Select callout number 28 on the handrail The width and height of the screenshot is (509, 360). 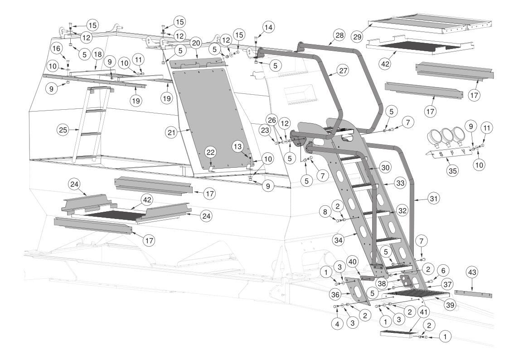click(339, 35)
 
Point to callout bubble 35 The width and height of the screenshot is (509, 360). click(452, 171)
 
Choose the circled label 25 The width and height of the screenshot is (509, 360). click(63, 130)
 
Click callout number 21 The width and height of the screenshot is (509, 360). click(172, 132)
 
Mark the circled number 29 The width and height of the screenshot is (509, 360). click(357, 37)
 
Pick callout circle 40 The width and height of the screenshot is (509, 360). click(353, 262)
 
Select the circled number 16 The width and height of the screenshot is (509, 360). click(57, 49)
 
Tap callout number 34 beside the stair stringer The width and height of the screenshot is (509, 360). click(339, 241)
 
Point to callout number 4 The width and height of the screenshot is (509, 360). click(337, 324)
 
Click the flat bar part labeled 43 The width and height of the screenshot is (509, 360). click(473, 294)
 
